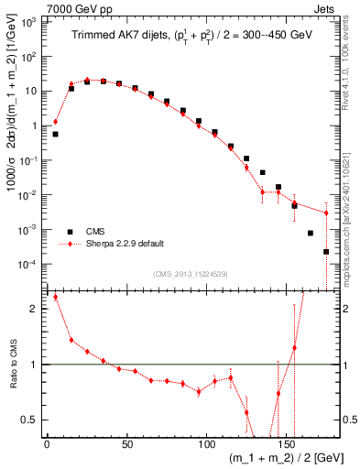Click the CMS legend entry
click(96, 232)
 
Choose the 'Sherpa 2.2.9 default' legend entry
click(121, 245)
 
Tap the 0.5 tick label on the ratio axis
click(32, 420)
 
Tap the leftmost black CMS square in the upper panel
click(55, 134)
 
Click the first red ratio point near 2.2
click(55, 297)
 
